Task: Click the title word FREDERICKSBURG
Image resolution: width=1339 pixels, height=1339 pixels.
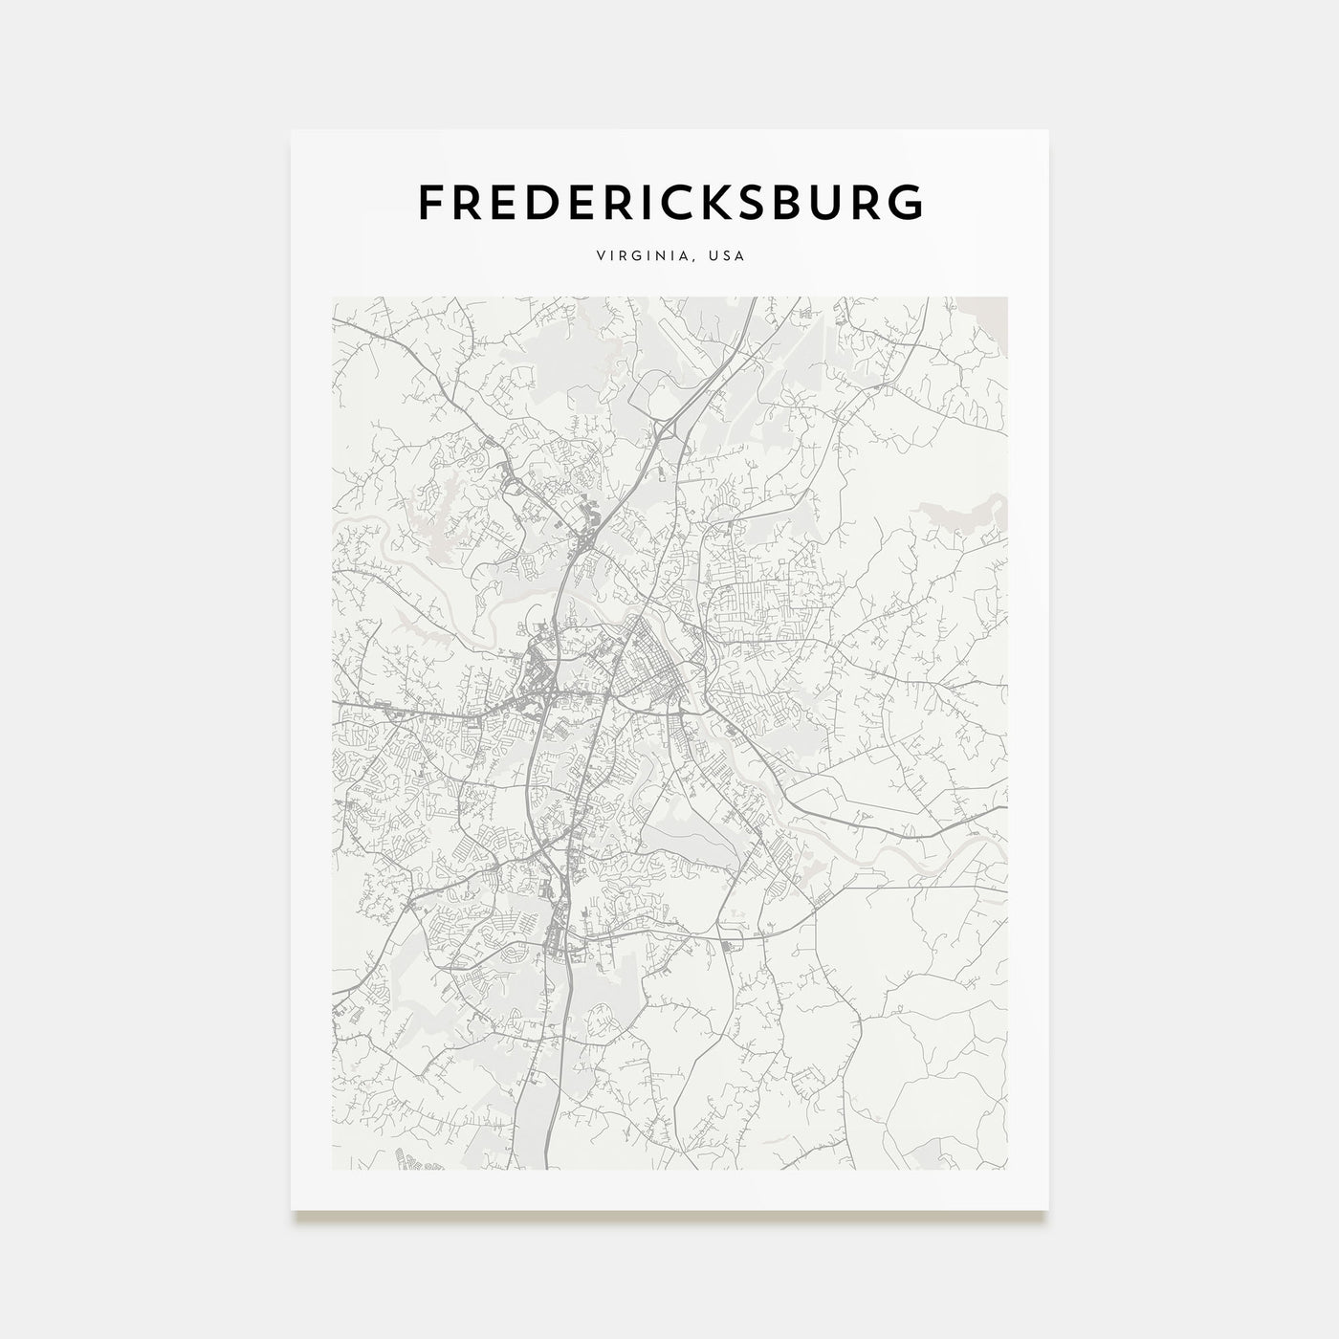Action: tap(670, 202)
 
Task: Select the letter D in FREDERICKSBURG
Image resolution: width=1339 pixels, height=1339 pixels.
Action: tap(544, 202)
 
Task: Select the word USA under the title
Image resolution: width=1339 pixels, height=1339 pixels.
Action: tap(729, 256)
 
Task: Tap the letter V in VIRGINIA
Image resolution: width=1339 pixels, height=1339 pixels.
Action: tap(600, 256)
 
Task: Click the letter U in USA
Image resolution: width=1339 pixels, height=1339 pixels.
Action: tap(716, 256)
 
